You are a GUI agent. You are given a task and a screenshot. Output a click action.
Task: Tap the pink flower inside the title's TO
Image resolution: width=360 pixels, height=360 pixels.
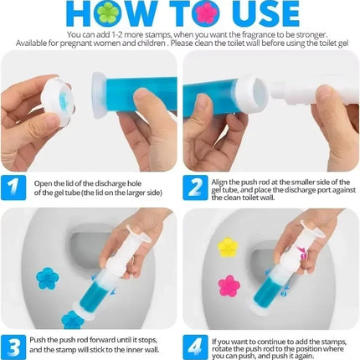(x=203, y=13)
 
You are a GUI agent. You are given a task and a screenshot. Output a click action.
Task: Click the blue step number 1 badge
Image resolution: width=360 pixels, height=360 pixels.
(x=14, y=186)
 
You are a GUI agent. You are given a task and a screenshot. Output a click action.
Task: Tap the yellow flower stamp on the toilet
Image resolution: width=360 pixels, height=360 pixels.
(x=228, y=247)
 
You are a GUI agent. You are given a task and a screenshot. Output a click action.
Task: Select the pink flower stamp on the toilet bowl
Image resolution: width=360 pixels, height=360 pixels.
(x=229, y=286)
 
